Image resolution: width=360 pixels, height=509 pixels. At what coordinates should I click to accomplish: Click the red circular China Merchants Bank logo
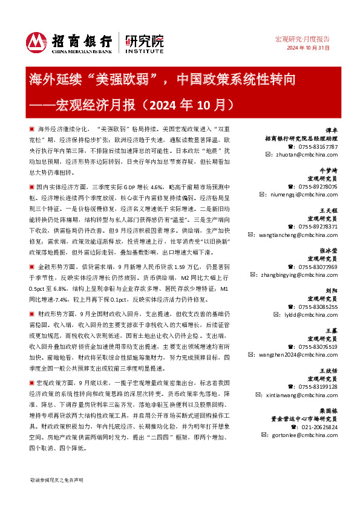(x=37, y=41)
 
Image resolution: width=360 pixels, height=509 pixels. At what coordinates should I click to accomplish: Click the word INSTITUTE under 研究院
(x=144, y=50)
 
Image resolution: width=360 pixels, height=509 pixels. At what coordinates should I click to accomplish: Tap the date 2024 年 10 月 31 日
(x=308, y=48)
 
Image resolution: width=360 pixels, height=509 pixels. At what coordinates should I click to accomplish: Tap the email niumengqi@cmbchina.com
(x=304, y=195)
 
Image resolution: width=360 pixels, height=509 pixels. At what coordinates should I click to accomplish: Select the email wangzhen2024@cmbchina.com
(x=302, y=355)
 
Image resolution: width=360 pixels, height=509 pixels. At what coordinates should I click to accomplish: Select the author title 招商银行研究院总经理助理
(x=309, y=138)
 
